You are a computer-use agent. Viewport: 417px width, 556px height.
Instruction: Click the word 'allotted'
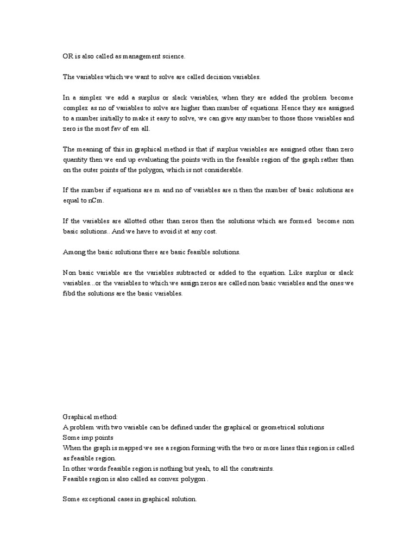pyautogui.click(x=128, y=221)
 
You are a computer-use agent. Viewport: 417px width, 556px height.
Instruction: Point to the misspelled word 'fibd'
pyautogui.click(x=69, y=293)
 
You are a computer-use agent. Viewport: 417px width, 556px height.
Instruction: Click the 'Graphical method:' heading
pyautogui.click(x=90, y=417)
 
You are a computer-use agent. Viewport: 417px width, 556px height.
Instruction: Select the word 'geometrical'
pyautogui.click(x=264, y=427)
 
